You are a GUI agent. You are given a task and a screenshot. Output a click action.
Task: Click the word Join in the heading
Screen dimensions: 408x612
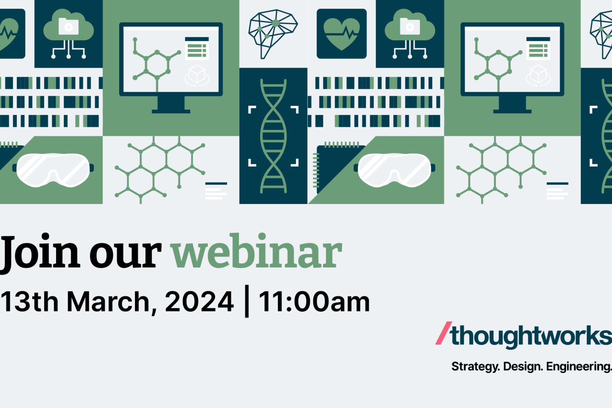tap(40, 252)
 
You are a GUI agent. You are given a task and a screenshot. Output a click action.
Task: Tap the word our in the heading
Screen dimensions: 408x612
tap(125, 255)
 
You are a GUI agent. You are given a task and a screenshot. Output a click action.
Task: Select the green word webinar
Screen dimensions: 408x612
tap(257, 252)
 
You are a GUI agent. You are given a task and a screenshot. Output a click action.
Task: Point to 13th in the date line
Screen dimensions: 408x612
tap(29, 302)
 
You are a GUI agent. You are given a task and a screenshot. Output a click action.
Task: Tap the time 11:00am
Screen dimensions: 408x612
tap(314, 302)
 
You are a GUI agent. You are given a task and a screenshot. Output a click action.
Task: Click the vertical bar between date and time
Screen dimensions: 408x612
tap(246, 302)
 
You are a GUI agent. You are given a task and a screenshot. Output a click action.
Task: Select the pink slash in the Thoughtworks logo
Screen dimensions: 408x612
tap(443, 333)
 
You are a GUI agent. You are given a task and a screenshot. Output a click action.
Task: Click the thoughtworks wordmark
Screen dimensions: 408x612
tap(531, 336)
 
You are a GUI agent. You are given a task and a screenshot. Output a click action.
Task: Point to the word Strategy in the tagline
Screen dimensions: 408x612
tap(475, 367)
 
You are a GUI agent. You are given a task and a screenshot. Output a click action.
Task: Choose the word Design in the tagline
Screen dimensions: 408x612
tap(523, 367)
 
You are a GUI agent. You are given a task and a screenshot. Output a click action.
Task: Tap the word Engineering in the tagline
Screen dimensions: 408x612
tap(579, 367)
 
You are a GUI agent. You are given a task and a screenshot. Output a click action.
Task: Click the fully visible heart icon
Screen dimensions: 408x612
tap(341, 33)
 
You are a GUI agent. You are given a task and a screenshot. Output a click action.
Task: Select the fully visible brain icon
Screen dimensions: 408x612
tap(273, 32)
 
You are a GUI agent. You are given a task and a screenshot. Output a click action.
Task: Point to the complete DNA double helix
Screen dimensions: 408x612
tap(273, 136)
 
